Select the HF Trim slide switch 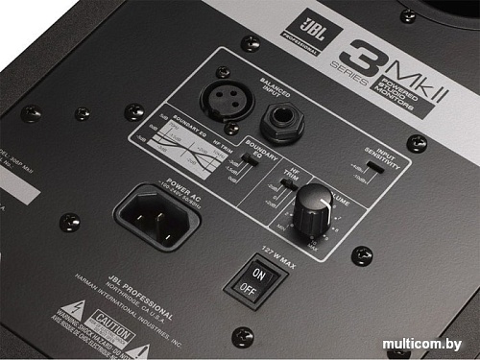point(290,182)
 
